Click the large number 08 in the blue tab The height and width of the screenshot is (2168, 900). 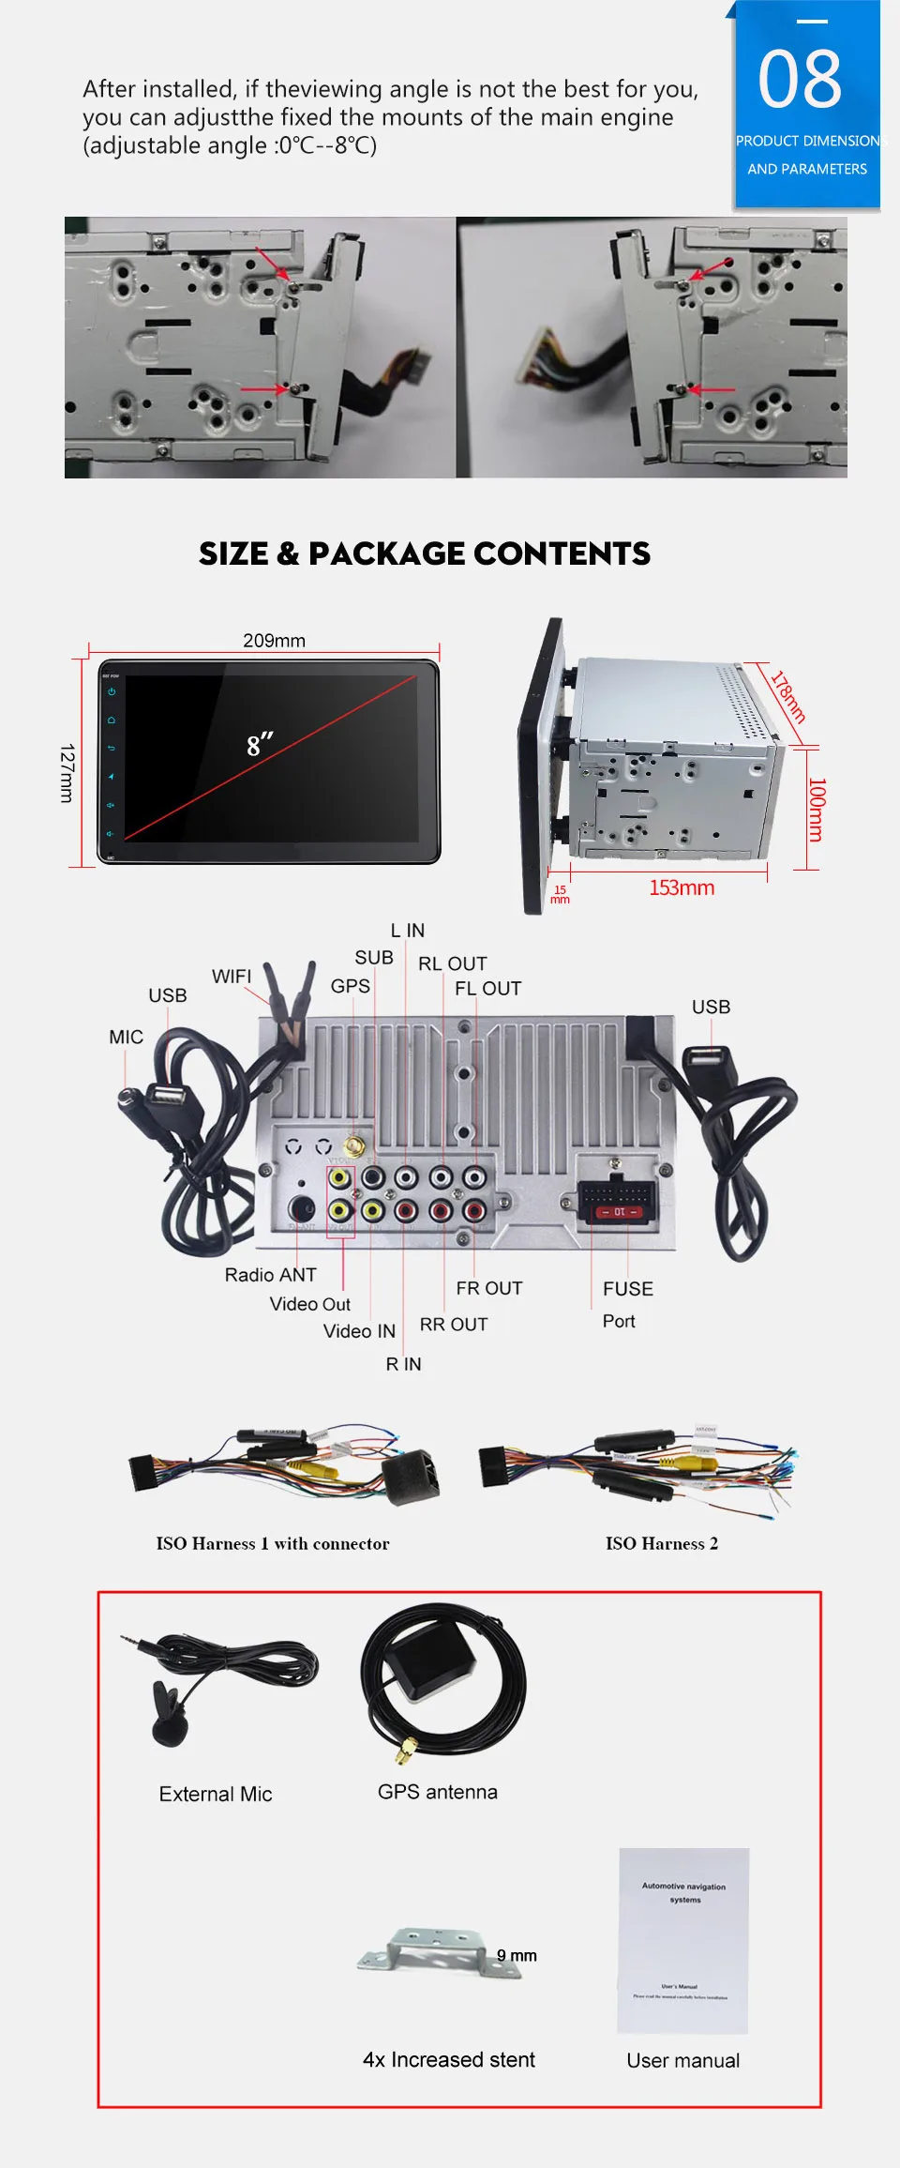pyautogui.click(x=800, y=81)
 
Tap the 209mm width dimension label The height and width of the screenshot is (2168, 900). pyautogui.click(x=274, y=641)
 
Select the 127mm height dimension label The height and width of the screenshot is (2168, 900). pyautogui.click(x=67, y=773)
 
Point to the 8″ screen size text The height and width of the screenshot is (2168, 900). pyautogui.click(x=260, y=746)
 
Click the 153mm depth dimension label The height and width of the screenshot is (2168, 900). pyautogui.click(x=682, y=887)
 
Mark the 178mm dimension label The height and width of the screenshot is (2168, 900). pyautogui.click(x=787, y=695)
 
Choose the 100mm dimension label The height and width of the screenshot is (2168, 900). pyautogui.click(x=817, y=809)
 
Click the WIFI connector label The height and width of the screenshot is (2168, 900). pyautogui.click(x=232, y=977)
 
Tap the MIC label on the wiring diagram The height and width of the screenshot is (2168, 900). pyautogui.click(x=126, y=1037)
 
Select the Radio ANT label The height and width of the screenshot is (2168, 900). pyautogui.click(x=270, y=1275)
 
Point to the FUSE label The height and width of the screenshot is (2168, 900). pyautogui.click(x=628, y=1289)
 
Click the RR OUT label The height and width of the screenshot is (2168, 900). pyautogui.click(x=454, y=1325)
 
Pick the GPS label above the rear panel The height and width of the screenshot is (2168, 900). pyautogui.click(x=351, y=986)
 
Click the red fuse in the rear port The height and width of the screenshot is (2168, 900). pyautogui.click(x=619, y=1212)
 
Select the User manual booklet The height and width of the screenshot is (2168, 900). pyautogui.click(x=683, y=1941)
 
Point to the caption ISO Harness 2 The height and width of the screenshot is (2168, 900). pyautogui.click(x=662, y=1543)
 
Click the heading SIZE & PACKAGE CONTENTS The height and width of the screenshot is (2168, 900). pyautogui.click(x=425, y=553)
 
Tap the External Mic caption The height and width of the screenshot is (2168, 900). pyautogui.click(x=216, y=1794)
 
